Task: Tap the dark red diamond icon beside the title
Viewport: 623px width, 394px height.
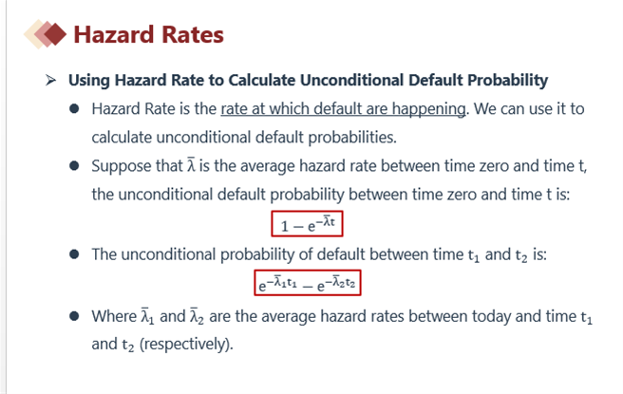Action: pyautogui.click(x=55, y=34)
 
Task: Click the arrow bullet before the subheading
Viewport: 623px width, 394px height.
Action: pyautogui.click(x=50, y=80)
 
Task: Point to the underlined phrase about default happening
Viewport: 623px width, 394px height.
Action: pyautogui.click(x=343, y=109)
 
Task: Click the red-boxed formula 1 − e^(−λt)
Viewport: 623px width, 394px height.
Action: pyautogui.click(x=307, y=224)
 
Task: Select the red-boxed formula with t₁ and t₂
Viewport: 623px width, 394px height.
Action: pyautogui.click(x=308, y=283)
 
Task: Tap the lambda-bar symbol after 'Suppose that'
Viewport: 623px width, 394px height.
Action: pyautogui.click(x=191, y=165)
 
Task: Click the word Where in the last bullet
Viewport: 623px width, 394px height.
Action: pyautogui.click(x=114, y=316)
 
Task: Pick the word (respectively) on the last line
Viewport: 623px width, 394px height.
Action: pyautogui.click(x=186, y=345)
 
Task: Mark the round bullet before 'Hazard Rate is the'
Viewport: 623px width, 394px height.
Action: pyautogui.click(x=74, y=109)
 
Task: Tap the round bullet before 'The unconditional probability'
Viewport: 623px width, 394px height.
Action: pyautogui.click(x=74, y=254)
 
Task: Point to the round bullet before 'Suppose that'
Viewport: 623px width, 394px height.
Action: pyautogui.click(x=74, y=165)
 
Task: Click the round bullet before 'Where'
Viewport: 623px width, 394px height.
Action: pyautogui.click(x=74, y=316)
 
